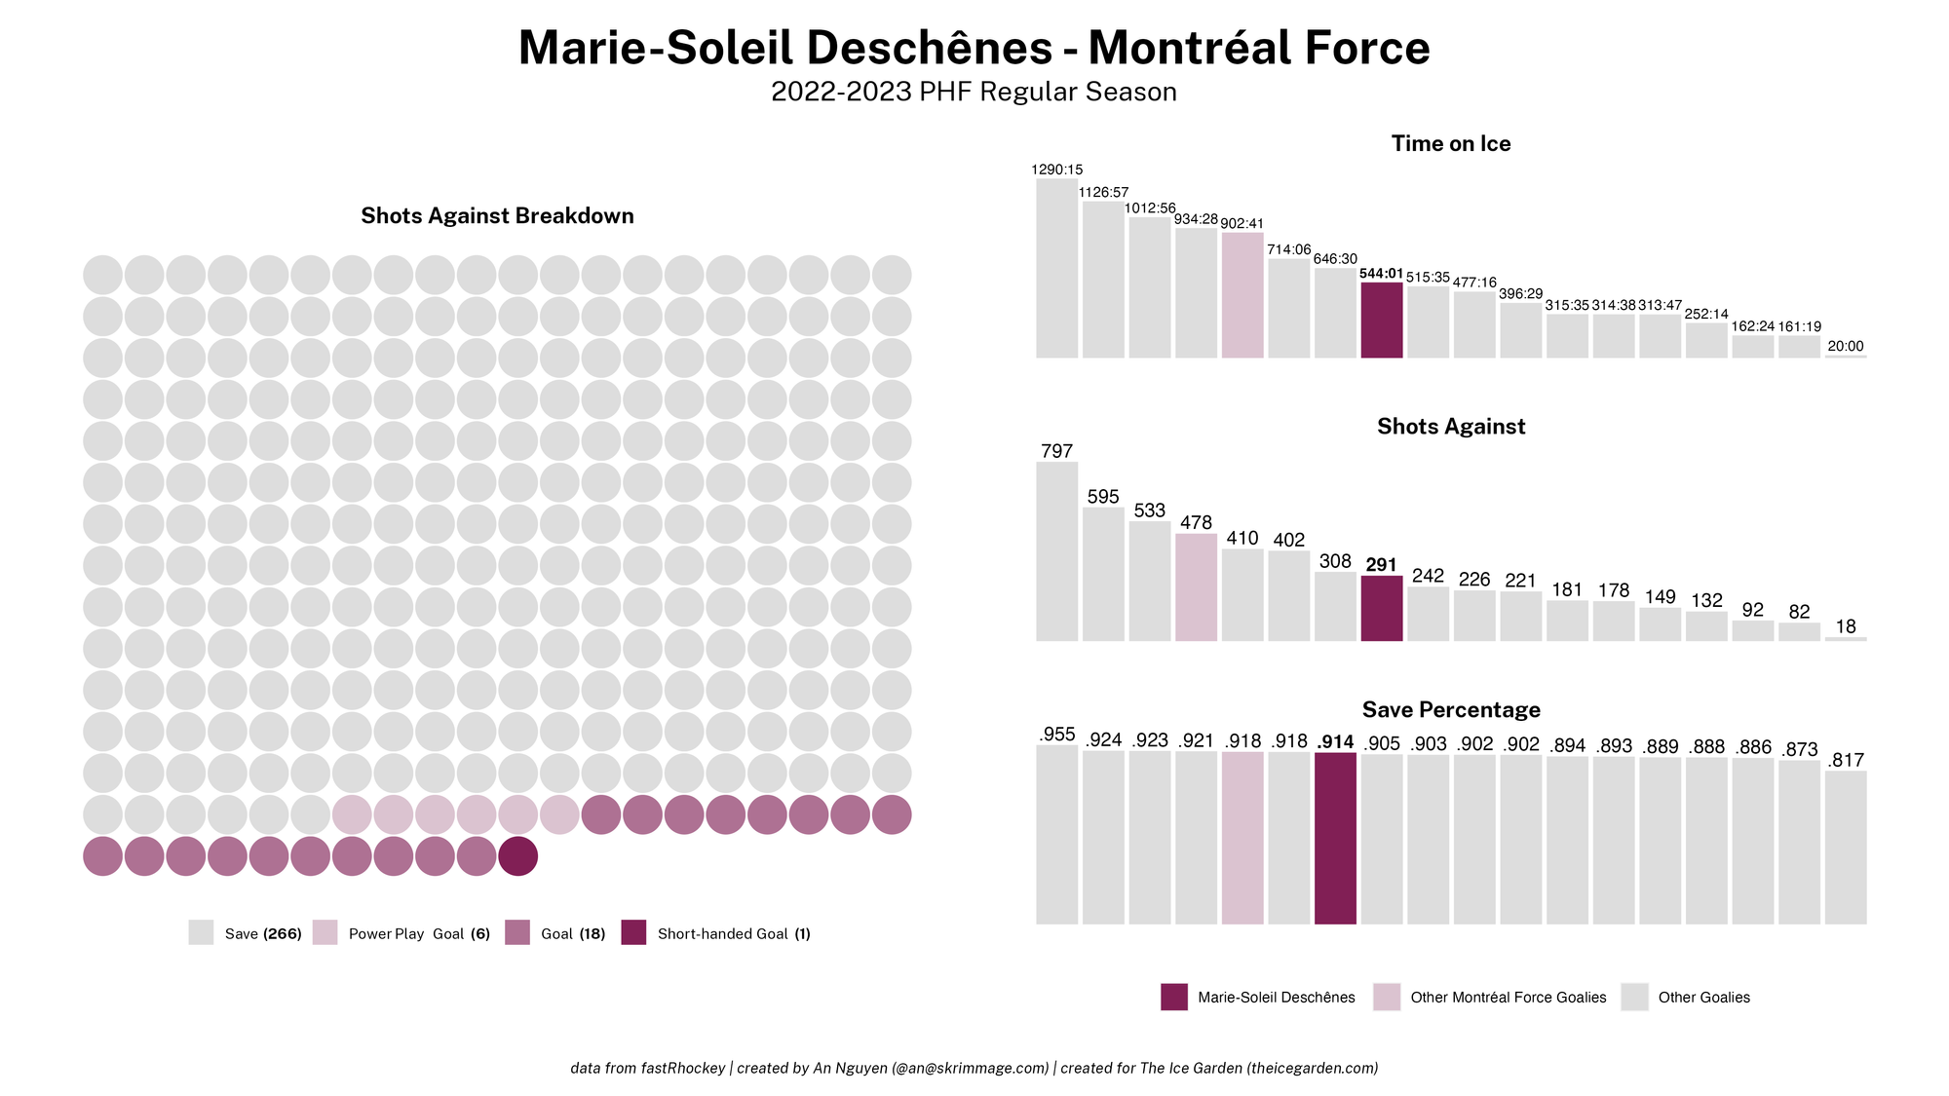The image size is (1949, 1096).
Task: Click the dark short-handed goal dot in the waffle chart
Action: [x=517, y=856]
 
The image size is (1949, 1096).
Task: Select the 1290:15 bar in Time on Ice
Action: [x=1056, y=268]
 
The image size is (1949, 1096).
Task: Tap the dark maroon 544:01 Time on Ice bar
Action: [x=1381, y=321]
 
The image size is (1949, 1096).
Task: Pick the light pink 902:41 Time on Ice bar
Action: [x=1242, y=295]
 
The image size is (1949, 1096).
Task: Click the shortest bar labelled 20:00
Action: [x=1845, y=356]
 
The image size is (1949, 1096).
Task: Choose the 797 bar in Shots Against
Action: [x=1056, y=551]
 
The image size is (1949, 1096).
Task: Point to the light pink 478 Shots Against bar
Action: [x=1196, y=587]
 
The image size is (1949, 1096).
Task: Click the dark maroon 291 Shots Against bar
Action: [x=1381, y=609]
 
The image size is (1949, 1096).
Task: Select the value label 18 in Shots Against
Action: [x=1845, y=626]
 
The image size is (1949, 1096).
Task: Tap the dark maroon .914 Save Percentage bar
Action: [x=1335, y=838]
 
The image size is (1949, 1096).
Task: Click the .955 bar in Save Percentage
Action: [x=1056, y=834]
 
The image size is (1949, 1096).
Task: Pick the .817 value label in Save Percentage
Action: [x=1845, y=760]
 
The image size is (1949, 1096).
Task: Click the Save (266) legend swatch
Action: [x=201, y=932]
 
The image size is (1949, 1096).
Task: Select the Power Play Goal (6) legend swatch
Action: [x=325, y=932]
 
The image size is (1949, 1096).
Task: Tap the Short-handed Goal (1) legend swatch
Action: [x=633, y=932]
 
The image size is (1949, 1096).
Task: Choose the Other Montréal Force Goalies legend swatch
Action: [x=1386, y=997]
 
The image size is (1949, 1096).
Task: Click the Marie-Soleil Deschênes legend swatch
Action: [x=1173, y=997]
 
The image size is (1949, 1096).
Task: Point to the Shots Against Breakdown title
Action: [x=497, y=215]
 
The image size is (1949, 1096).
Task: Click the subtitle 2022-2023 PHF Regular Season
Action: [x=974, y=92]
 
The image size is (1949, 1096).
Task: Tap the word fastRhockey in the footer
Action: [x=682, y=1068]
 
